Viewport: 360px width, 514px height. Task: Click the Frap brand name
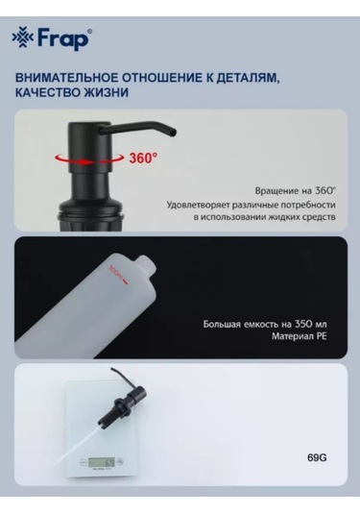[x=63, y=39]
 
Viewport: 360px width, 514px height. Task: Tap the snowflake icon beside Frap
[x=23, y=38]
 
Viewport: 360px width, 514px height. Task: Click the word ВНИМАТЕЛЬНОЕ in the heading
[x=66, y=78]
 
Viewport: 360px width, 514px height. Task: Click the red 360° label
[x=143, y=158]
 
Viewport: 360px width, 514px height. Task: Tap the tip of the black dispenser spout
[x=174, y=133]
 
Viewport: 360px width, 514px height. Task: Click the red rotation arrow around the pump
[x=89, y=159]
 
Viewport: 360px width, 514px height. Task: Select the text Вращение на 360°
[x=296, y=191]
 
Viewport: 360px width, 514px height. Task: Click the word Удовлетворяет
[x=198, y=206]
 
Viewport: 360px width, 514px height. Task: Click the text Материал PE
[x=299, y=336]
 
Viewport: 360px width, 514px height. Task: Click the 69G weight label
[x=317, y=457]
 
